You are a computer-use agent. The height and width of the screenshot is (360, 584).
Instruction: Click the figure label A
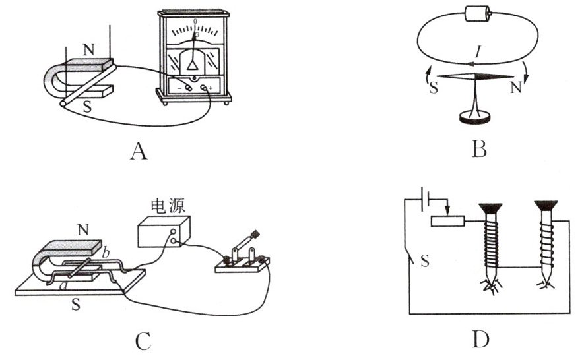click(138, 151)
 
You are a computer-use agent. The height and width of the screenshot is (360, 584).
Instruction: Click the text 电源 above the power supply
click(162, 208)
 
